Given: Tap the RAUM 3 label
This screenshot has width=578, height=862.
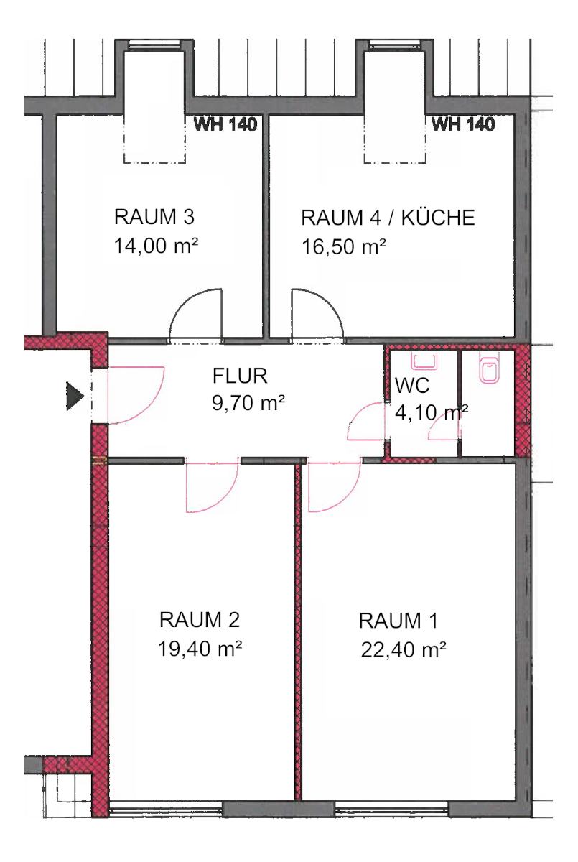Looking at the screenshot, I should pyautogui.click(x=154, y=217).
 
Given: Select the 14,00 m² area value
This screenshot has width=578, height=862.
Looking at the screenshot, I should pyautogui.click(x=156, y=246).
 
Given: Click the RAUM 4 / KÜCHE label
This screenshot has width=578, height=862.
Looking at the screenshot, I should pyautogui.click(x=388, y=218).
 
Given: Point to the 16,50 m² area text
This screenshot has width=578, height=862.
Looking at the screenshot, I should pyautogui.click(x=345, y=247).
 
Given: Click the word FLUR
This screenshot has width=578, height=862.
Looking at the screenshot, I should pyautogui.click(x=240, y=375).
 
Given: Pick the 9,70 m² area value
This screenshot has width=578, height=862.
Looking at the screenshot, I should pyautogui.click(x=244, y=404).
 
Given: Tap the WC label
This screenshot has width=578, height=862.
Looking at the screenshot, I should pyautogui.click(x=411, y=386).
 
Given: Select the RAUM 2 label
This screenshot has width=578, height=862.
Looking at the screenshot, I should pyautogui.click(x=200, y=619).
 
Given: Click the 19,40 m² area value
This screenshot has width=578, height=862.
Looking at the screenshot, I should pyautogui.click(x=200, y=649).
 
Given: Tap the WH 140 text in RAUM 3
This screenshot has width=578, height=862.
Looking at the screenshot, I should pyautogui.click(x=226, y=125).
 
